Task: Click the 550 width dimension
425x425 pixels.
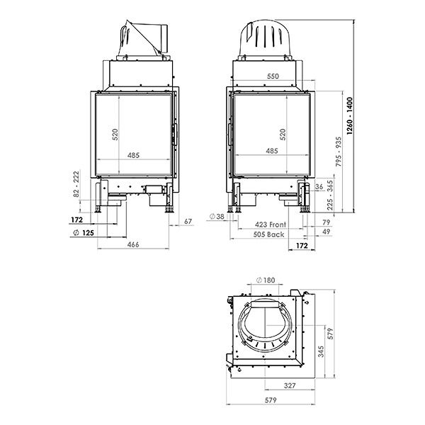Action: pyautogui.click(x=272, y=76)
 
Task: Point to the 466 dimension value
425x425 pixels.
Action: pyautogui.click(x=132, y=244)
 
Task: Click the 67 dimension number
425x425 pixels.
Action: pyautogui.click(x=188, y=222)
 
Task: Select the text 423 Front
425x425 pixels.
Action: pyautogui.click(x=271, y=225)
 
